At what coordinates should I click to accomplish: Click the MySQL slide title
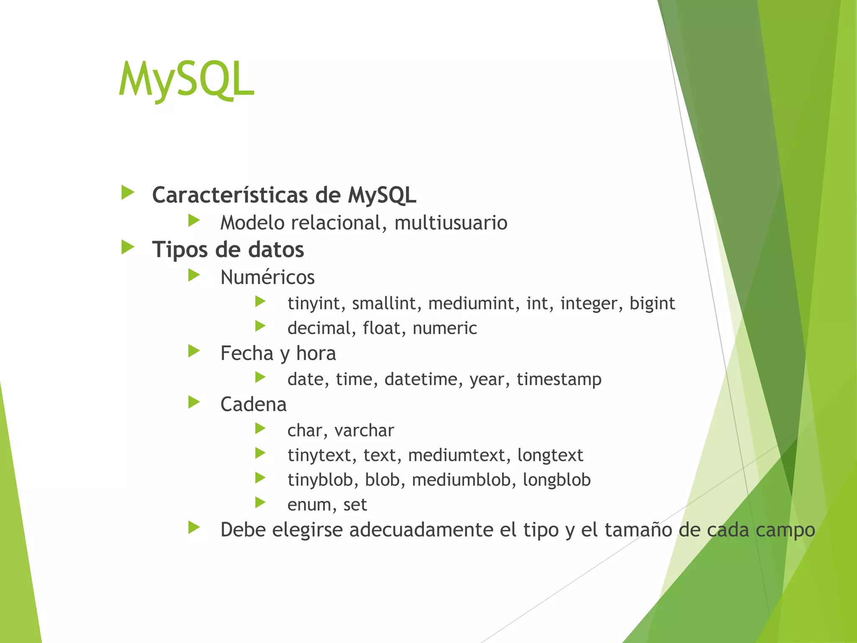(186, 80)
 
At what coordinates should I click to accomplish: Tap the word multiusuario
(451, 223)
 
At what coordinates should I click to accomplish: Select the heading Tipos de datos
(228, 249)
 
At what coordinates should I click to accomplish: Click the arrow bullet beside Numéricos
(194, 275)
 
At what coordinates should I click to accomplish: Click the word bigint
(652, 303)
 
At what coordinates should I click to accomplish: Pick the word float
(382, 328)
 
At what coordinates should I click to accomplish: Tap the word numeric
(444, 328)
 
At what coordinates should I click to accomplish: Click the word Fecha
(246, 353)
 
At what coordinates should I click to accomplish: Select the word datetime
(423, 379)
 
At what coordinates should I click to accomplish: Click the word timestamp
(559, 379)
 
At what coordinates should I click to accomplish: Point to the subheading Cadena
(253, 404)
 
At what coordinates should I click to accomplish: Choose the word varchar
(364, 430)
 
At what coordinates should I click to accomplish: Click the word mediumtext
(457, 455)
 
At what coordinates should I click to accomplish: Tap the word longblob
(557, 480)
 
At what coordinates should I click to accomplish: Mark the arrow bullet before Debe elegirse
(194, 527)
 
